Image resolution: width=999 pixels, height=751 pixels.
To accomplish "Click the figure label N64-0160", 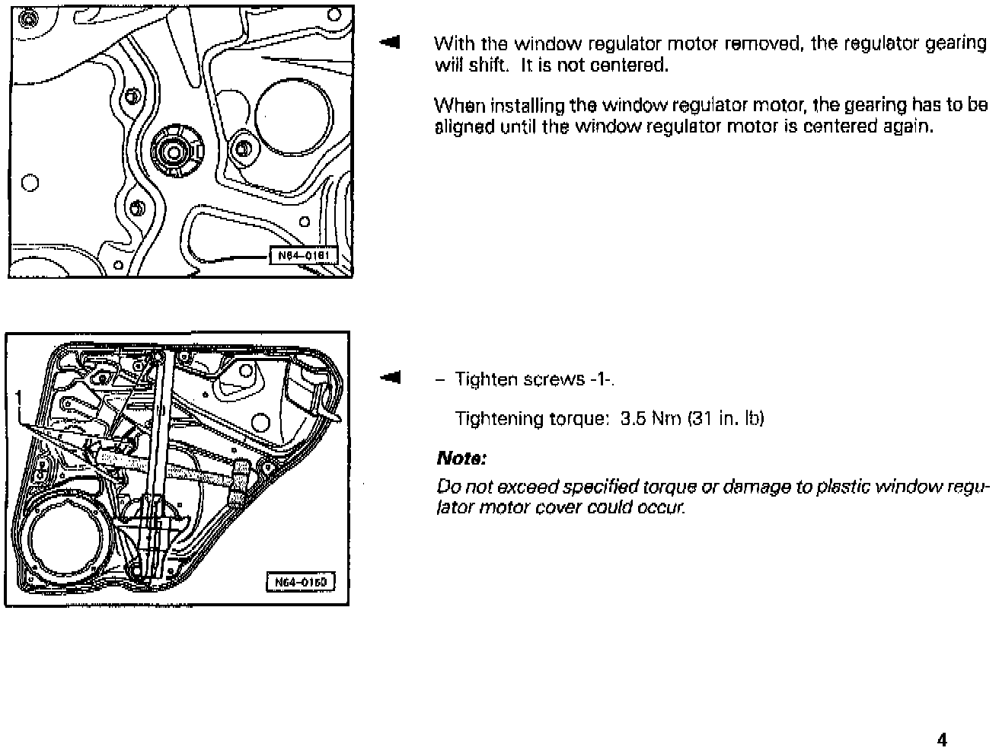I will [x=301, y=583].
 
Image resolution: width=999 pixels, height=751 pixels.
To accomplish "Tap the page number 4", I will [x=943, y=740].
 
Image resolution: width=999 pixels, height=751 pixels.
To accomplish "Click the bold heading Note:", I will [x=461, y=459].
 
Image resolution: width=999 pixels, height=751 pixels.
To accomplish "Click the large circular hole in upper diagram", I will [x=294, y=111].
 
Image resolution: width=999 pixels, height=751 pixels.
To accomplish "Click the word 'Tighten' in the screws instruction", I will [x=487, y=379].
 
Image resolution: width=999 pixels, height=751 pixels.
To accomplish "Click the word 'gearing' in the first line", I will [x=956, y=43].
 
